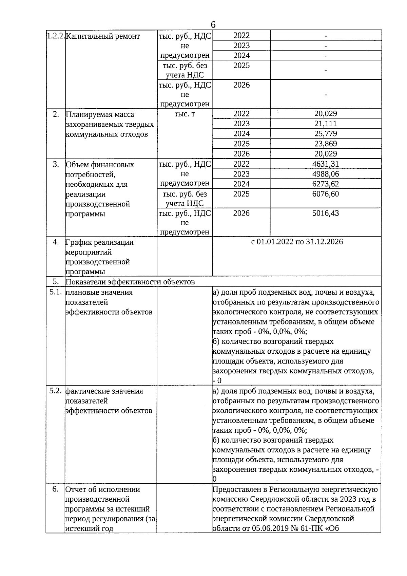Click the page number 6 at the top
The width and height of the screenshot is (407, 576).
[213, 25]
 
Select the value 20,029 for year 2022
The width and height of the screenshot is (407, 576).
[325, 114]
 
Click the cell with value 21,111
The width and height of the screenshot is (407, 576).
[325, 124]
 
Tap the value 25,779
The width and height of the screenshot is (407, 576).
[325, 133]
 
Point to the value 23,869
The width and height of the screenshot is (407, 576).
[325, 144]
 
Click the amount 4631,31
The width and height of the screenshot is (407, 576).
[325, 164]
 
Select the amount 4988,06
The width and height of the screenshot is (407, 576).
[325, 174]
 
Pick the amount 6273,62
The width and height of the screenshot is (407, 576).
[325, 184]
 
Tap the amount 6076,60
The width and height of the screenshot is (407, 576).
[325, 194]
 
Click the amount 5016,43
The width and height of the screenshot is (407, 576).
[325, 213]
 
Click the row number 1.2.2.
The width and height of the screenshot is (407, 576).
[55, 36]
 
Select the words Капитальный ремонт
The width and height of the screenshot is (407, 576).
[102, 36]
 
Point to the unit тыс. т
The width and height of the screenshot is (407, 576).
[185, 114]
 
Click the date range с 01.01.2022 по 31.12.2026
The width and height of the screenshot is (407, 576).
[297, 242]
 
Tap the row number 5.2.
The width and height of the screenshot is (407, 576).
[55, 391]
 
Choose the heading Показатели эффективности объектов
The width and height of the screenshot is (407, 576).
[130, 282]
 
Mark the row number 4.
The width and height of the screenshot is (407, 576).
[56, 242]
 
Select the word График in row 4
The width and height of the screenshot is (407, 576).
[79, 242]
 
